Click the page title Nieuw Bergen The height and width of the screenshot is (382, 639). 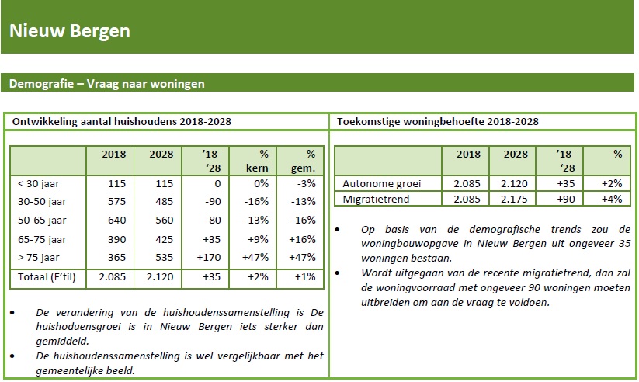tap(70, 31)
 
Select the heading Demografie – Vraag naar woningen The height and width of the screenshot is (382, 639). tap(107, 84)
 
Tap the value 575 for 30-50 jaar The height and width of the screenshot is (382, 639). tap(116, 201)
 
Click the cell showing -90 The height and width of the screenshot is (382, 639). tap(213, 201)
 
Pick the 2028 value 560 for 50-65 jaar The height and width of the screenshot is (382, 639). tap(165, 221)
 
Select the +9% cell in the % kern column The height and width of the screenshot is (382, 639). tap(258, 239)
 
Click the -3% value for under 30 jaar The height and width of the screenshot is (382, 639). tap(306, 183)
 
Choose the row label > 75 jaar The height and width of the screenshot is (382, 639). tap(39, 258)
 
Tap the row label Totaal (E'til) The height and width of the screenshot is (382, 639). tap(47, 277)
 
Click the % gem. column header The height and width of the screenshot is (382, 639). tap(304, 161)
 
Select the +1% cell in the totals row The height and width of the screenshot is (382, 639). tap(305, 277)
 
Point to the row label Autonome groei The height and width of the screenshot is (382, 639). tap(382, 184)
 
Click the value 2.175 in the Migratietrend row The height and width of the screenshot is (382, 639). tap(514, 200)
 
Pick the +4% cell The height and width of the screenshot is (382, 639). tap(612, 200)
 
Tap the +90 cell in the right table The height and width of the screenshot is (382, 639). tap(566, 200)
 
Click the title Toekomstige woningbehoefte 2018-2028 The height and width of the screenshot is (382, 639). tap(438, 121)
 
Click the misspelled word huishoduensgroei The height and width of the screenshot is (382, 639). tap(78, 327)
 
